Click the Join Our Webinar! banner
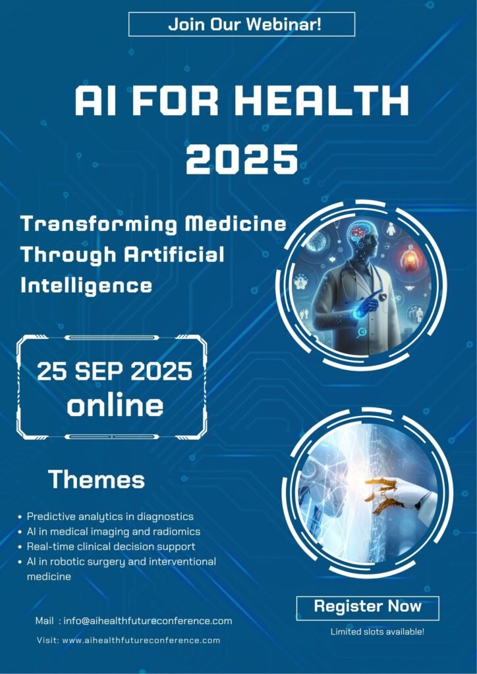(242, 24)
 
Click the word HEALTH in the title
(322, 101)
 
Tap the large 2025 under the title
(242, 159)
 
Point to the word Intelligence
(86, 286)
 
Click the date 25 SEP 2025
(115, 371)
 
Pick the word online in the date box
(115, 405)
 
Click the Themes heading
(96, 479)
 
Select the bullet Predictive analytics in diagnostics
(110, 517)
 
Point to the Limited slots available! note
(378, 632)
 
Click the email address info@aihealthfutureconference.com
(148, 621)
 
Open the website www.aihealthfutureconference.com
(142, 640)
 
